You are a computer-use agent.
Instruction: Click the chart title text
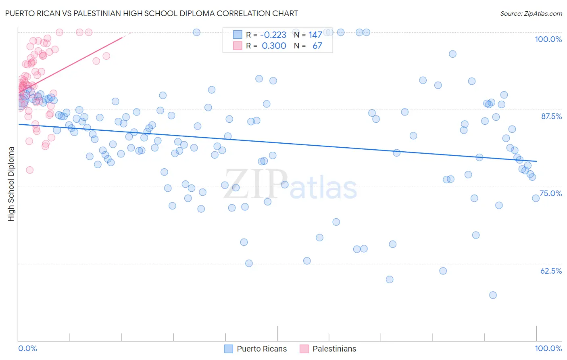point(152,13)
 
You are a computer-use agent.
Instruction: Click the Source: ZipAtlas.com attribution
point(531,13)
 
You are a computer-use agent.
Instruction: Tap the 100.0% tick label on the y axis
point(548,39)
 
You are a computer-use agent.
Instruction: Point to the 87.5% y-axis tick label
point(551,116)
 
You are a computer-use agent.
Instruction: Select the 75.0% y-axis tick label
point(550,193)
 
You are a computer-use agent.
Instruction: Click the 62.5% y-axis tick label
point(551,271)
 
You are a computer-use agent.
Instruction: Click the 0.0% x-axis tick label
point(27,348)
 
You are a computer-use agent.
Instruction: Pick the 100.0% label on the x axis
point(548,348)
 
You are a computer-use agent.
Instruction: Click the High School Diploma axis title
point(11,184)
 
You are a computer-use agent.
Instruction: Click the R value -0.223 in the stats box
point(273,35)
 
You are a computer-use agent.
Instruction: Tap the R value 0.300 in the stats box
point(274,46)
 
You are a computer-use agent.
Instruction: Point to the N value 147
point(315,35)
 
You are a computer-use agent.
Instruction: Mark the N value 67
point(317,46)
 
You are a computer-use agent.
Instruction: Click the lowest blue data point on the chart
point(493,295)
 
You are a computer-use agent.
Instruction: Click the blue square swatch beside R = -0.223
point(238,35)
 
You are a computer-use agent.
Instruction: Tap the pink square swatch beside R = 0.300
point(238,46)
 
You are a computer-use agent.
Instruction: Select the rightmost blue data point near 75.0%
point(536,198)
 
